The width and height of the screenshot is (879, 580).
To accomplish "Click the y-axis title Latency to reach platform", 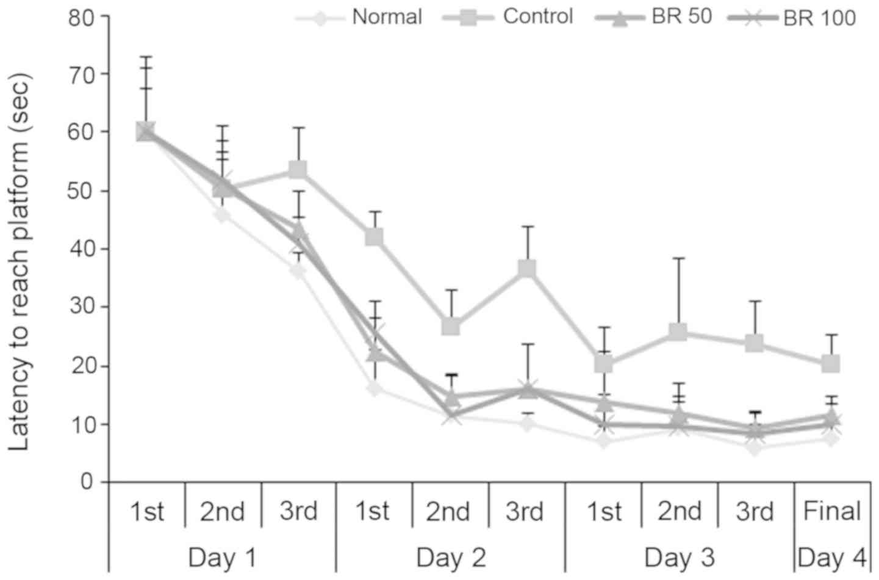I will (x=20, y=263).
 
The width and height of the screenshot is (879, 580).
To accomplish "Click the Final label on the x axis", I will (x=833, y=511).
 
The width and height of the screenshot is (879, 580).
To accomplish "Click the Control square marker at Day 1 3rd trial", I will (x=298, y=169).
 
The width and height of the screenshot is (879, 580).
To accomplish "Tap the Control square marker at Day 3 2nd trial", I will (x=678, y=332).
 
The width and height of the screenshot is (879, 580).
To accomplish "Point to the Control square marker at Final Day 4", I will (x=831, y=364).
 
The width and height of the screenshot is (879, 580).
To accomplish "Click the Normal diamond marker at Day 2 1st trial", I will (x=375, y=388).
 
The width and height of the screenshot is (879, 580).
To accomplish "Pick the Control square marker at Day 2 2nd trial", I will (x=451, y=327).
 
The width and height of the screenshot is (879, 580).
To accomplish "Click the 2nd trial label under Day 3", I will (x=680, y=511).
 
